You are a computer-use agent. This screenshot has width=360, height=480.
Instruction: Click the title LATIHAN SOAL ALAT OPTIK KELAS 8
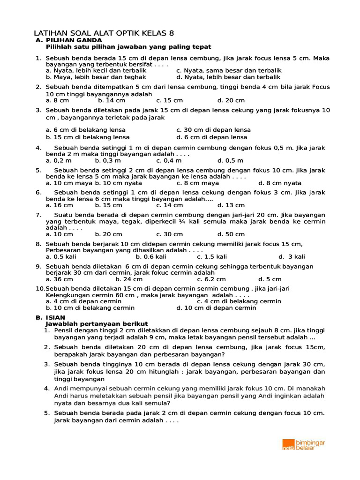104,33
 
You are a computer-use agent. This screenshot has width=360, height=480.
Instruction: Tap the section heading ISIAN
55,317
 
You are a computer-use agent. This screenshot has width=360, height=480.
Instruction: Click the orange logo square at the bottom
288,444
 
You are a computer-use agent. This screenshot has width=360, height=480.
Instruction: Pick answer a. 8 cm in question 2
57,100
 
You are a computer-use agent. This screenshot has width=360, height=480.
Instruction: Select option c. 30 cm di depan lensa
213,130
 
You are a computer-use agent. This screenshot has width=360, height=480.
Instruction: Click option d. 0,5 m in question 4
230,160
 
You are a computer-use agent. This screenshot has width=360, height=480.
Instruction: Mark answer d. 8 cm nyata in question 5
280,183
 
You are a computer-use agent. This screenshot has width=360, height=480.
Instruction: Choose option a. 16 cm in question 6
59,205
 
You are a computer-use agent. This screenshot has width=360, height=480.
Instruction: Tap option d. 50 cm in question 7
231,234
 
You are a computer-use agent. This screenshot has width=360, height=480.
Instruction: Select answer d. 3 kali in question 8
292,256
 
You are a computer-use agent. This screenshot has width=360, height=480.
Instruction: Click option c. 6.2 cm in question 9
211,279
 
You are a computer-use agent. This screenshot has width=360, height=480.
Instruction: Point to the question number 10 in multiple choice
40,288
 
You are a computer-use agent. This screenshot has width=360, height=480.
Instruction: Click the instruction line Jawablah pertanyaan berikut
97,323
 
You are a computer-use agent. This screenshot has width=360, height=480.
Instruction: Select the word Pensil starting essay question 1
64,330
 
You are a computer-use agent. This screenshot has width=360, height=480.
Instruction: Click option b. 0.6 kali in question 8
151,256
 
